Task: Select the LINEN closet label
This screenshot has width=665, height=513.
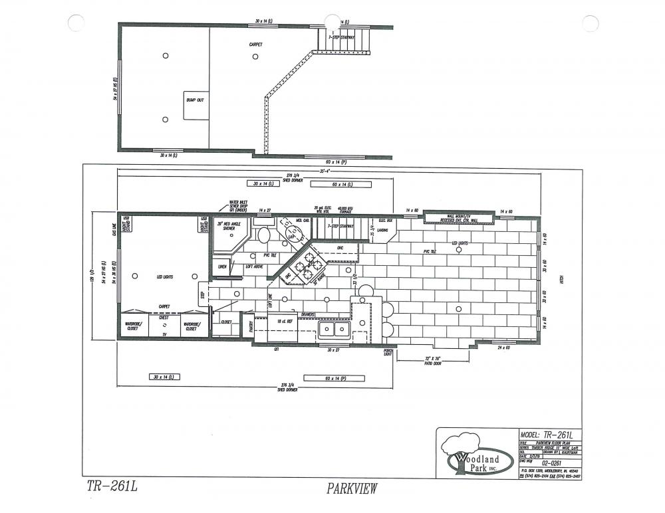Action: (x=222, y=266)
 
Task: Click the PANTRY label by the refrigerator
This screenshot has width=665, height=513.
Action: (x=251, y=326)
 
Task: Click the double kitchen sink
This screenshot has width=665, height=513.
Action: (x=334, y=329)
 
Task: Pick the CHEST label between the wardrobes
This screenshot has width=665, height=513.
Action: (x=164, y=318)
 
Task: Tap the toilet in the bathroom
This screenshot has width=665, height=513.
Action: (x=263, y=235)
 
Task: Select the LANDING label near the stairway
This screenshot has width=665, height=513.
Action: (x=383, y=231)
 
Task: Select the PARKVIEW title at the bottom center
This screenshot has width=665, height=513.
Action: (x=352, y=489)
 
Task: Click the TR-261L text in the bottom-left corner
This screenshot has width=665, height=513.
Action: (x=111, y=486)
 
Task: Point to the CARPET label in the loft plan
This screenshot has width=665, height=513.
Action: (x=255, y=45)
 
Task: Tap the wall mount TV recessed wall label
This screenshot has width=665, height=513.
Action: (x=459, y=218)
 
